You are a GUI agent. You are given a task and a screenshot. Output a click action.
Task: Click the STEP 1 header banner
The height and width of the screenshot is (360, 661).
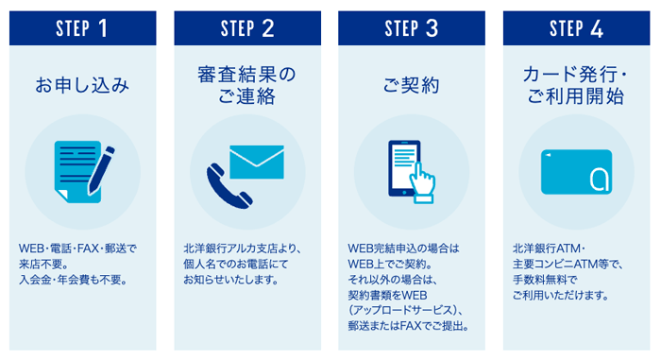point(82,27)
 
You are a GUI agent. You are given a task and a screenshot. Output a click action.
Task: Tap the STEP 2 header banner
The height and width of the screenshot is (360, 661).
point(246,27)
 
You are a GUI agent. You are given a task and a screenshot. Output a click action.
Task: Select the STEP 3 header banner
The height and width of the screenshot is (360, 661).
point(412,27)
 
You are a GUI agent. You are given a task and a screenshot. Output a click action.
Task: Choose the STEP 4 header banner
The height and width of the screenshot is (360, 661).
point(576,27)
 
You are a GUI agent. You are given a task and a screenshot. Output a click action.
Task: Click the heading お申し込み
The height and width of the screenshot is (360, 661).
point(82,87)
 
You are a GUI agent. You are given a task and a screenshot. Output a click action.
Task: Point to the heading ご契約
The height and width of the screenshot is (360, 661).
point(412,87)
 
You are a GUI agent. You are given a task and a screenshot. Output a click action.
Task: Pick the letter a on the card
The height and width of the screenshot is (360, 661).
point(597,177)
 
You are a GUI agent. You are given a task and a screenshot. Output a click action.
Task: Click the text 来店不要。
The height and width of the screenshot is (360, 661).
point(45,264)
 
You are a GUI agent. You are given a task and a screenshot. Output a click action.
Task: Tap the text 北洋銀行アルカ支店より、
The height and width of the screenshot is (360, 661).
point(242,248)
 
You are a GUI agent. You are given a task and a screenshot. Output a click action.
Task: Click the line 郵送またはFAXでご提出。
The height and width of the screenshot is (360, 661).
point(409,327)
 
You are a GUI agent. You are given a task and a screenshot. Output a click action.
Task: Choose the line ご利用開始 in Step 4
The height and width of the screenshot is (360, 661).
point(576,95)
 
